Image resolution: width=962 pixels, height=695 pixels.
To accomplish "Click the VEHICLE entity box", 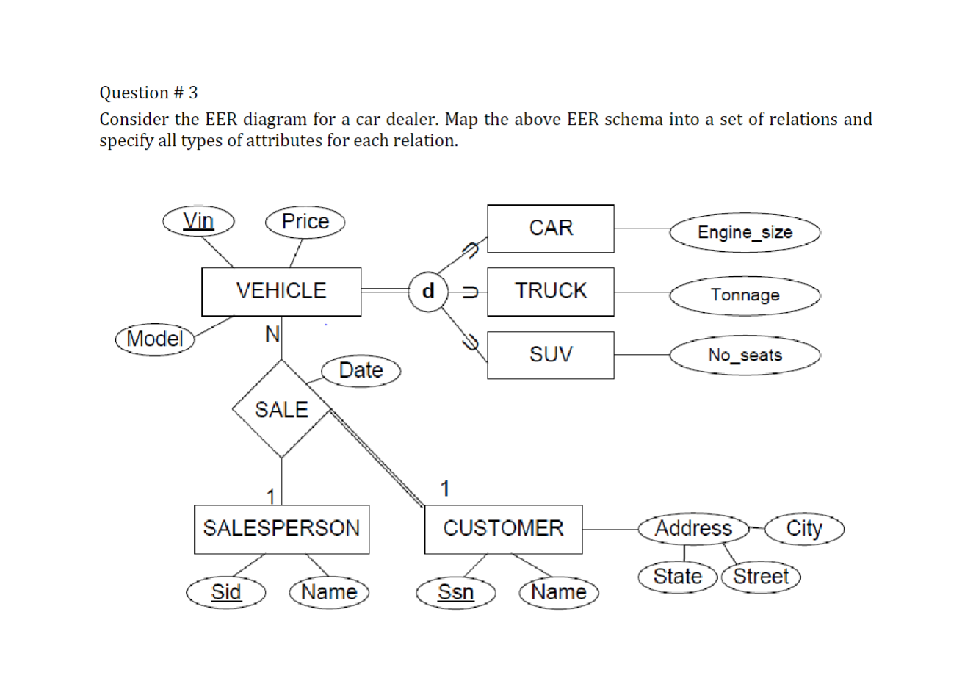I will (281, 292).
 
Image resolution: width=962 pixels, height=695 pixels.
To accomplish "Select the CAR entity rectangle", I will (550, 228).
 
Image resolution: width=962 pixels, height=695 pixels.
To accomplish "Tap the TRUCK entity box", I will (550, 292).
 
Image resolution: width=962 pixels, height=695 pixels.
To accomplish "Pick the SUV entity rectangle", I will (550, 355).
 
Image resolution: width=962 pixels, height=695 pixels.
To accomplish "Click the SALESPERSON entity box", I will (281, 529).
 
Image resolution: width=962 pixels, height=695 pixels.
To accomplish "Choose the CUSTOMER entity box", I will (503, 529).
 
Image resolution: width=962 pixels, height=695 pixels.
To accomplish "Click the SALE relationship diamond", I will (281, 409).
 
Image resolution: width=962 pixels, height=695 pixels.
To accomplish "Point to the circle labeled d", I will (428, 292).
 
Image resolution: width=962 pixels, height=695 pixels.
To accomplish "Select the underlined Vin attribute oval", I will (198, 221).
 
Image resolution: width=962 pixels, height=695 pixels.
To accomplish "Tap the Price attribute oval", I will (305, 222).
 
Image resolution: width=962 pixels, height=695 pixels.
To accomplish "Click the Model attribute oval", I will (155, 339).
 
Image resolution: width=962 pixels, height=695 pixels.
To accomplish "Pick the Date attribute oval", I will (361, 370).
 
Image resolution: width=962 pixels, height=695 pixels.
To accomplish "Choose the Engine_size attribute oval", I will (745, 233).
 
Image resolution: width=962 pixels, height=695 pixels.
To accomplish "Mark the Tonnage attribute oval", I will (745, 295).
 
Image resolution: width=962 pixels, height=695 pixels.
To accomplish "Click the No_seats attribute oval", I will (745, 356).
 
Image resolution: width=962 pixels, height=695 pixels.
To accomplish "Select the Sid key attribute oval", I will (225, 592).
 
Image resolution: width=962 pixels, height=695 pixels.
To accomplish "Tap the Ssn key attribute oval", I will (456, 592).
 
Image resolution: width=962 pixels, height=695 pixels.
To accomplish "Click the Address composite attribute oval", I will (693, 529).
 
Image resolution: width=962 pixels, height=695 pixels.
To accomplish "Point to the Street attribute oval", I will (761, 577).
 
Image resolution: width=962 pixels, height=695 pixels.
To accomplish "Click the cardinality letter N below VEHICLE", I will (272, 335).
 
